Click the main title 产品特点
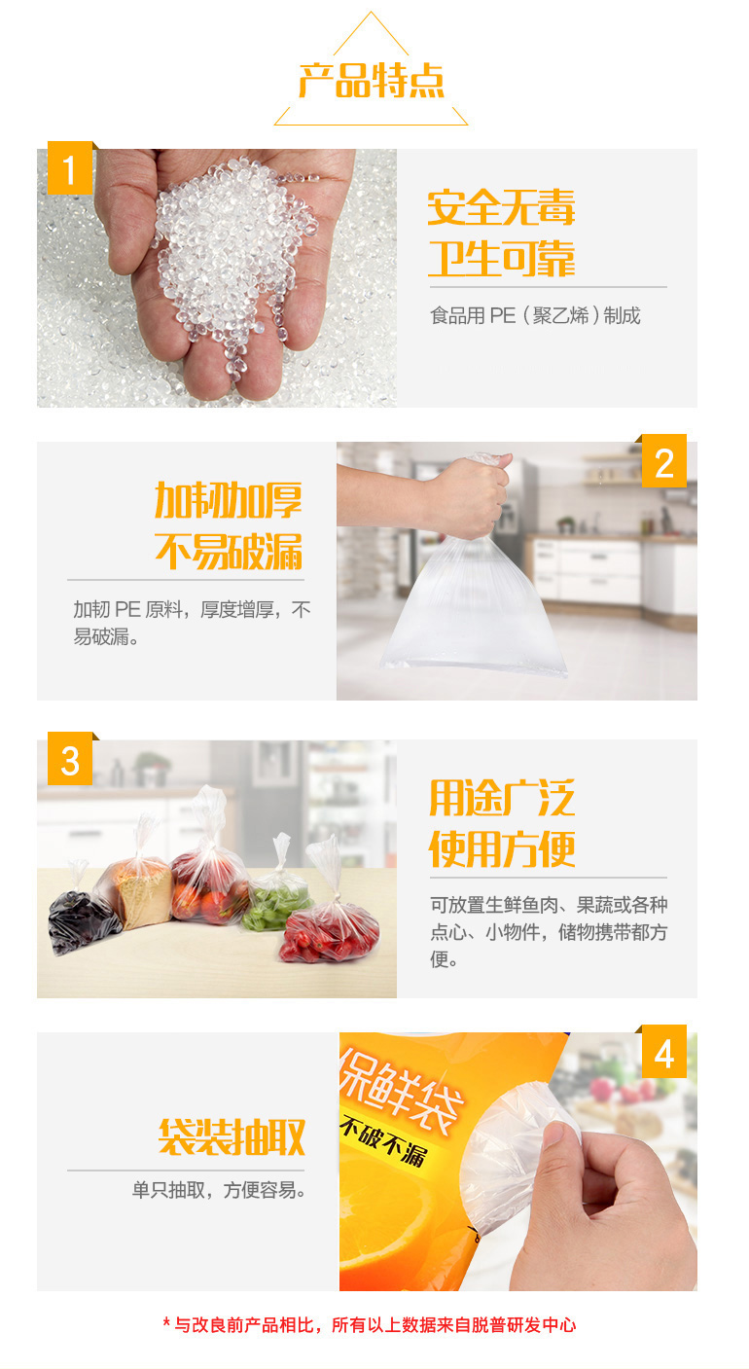(x=371, y=80)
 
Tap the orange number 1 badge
(x=70, y=168)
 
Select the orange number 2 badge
(x=664, y=461)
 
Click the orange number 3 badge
(x=70, y=759)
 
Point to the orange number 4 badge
(x=664, y=1051)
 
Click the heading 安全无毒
(x=501, y=207)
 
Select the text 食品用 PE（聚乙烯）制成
(x=535, y=315)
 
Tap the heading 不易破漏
(x=229, y=552)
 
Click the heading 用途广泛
(x=502, y=798)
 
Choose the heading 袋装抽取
(x=232, y=1137)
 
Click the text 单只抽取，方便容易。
(x=219, y=1190)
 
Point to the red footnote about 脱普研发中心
(x=370, y=1324)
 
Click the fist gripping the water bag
(x=471, y=495)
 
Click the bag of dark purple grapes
(x=80, y=916)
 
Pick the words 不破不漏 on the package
(x=383, y=1139)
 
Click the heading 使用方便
(x=502, y=848)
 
